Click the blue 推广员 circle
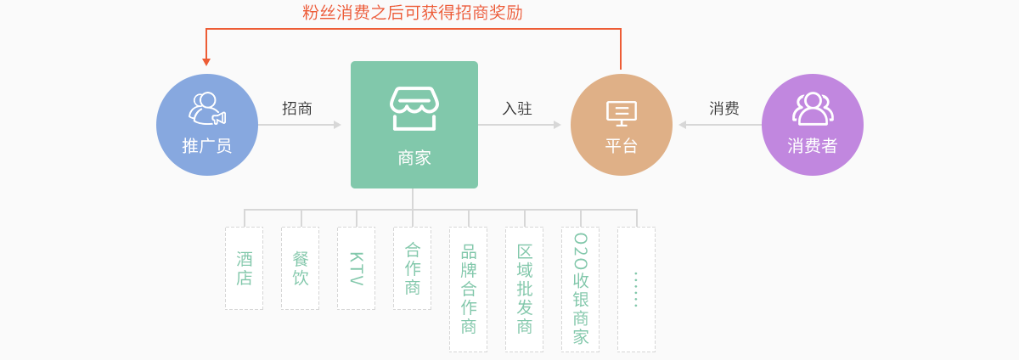pyautogui.click(x=207, y=125)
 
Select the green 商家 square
pyautogui.click(x=414, y=125)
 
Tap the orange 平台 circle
pyautogui.click(x=622, y=125)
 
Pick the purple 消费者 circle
pyautogui.click(x=813, y=125)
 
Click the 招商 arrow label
pyautogui.click(x=297, y=109)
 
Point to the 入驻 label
pyautogui.click(x=517, y=109)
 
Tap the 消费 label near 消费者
pyautogui.click(x=723, y=109)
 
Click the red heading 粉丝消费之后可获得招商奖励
pyautogui.click(x=413, y=12)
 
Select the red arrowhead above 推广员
pyautogui.click(x=206, y=62)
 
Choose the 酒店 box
pyautogui.click(x=245, y=268)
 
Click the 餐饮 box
pyautogui.click(x=301, y=268)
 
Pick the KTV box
pyautogui.click(x=356, y=268)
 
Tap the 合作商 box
pyautogui.click(x=412, y=268)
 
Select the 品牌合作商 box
pyautogui.click(x=468, y=290)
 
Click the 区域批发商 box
pyautogui.click(x=524, y=290)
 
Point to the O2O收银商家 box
pyautogui.click(x=581, y=290)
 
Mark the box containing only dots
pyautogui.click(x=636, y=290)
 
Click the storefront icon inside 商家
pyautogui.click(x=414, y=109)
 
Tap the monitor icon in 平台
pyautogui.click(x=622, y=113)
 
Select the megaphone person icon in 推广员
pyautogui.click(x=207, y=109)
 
